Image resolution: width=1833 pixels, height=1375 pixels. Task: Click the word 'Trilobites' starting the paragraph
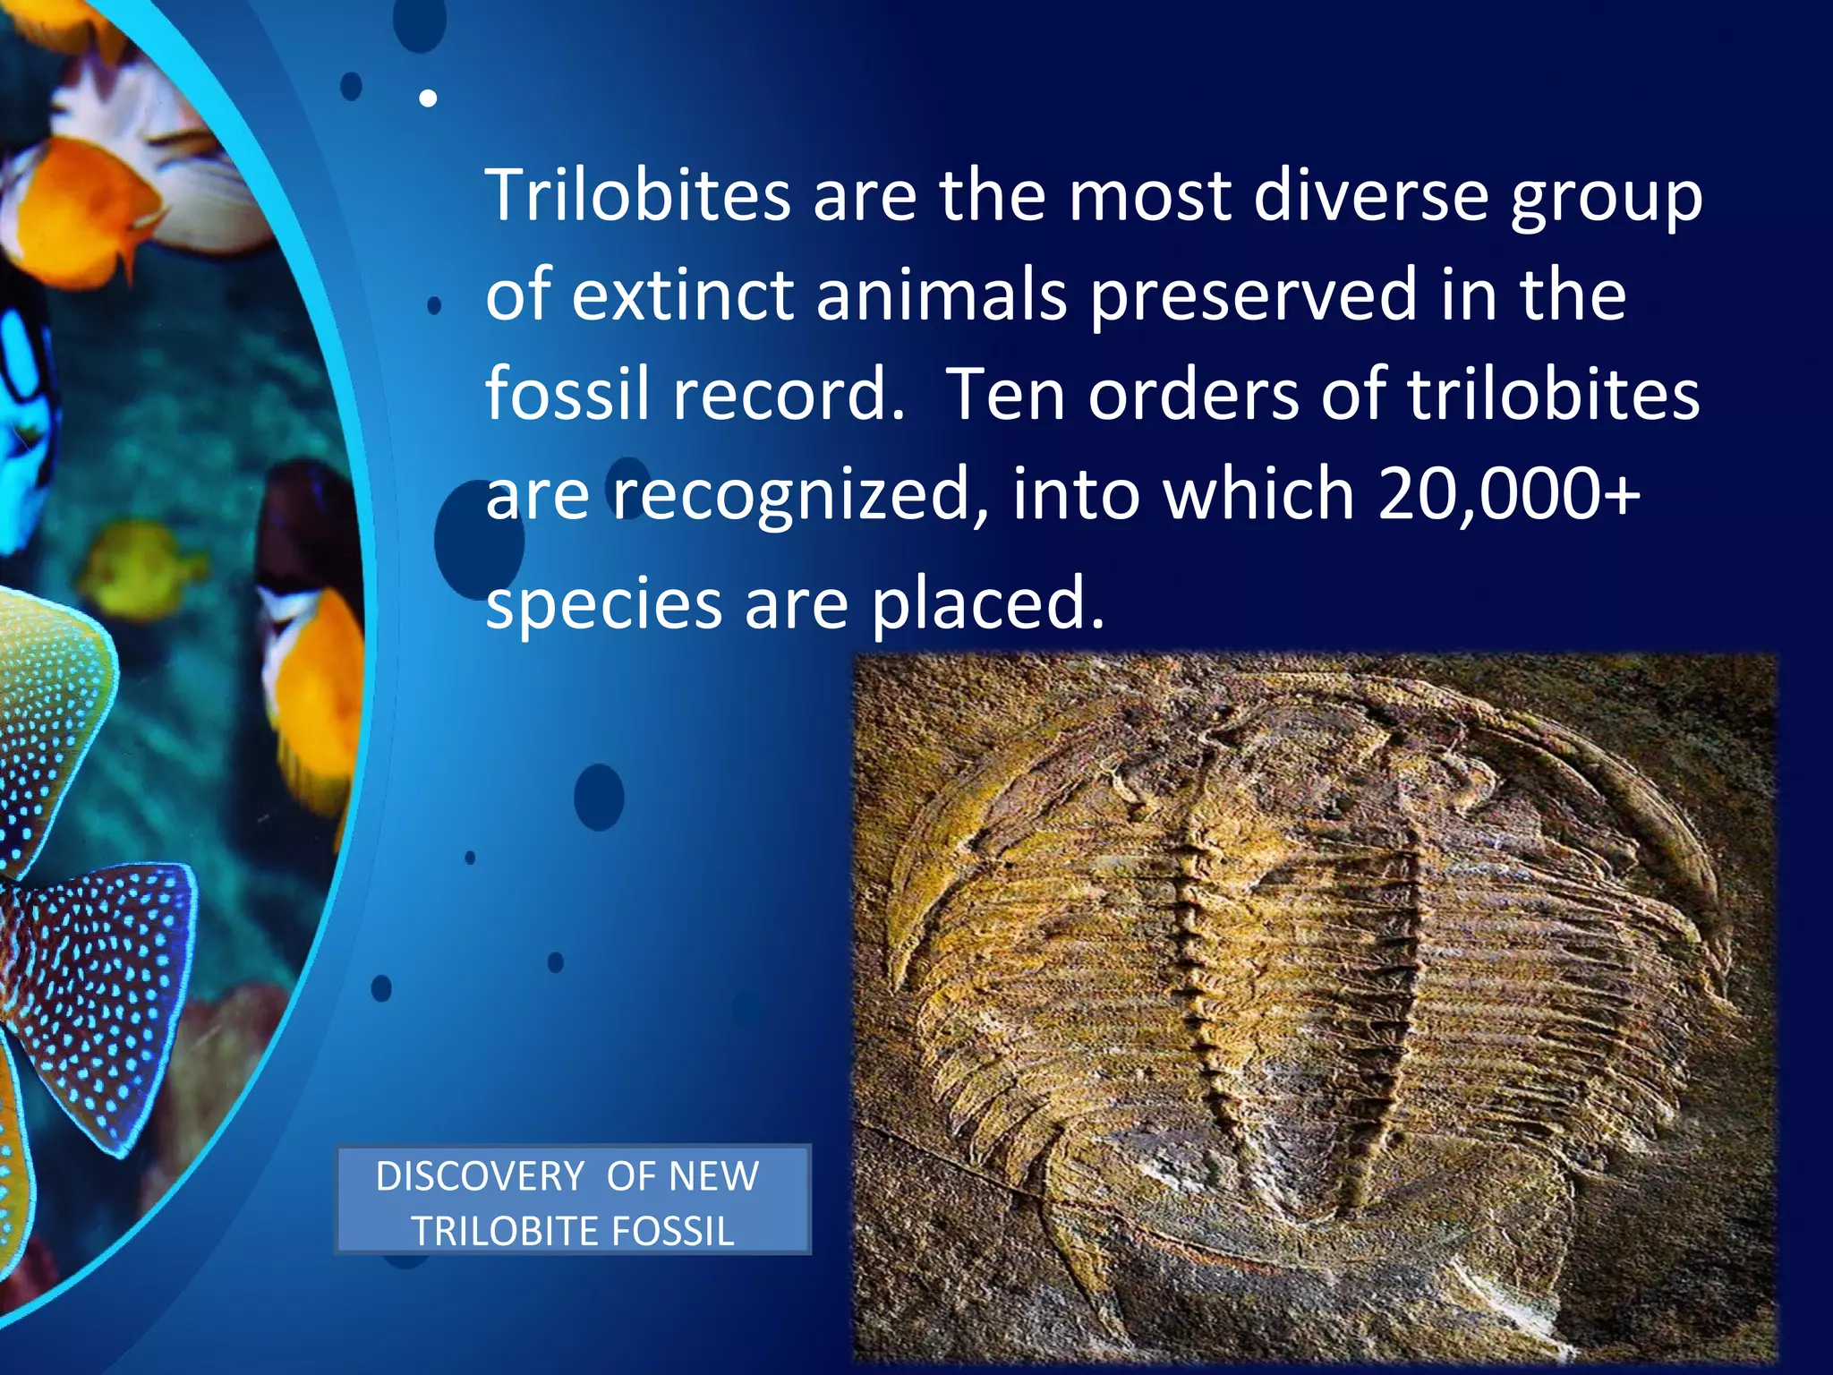coord(637,195)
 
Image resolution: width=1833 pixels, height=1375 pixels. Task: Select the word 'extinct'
coord(683,295)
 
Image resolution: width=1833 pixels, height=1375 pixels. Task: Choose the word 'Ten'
coord(1005,395)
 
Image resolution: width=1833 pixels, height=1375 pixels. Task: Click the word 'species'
coord(603,605)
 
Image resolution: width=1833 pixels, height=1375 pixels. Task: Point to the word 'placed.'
coord(988,603)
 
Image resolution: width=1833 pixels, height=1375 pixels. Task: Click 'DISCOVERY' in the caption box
coord(480,1176)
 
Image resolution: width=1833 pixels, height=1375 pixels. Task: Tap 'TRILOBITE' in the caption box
coord(493,1232)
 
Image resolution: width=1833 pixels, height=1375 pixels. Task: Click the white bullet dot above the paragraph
coord(429,98)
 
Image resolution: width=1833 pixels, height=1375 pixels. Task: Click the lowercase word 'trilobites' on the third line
coord(1553,395)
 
